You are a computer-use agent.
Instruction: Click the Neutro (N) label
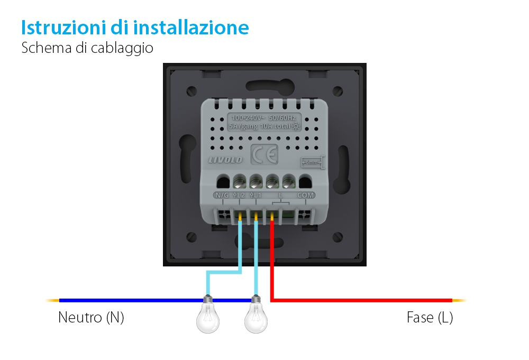tap(91, 318)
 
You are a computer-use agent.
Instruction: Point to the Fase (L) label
tap(430, 318)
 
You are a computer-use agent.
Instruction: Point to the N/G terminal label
tap(221, 196)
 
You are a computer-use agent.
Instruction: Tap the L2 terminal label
tap(239, 196)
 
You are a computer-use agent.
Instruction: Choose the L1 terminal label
tap(256, 196)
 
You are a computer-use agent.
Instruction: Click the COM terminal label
tap(306, 196)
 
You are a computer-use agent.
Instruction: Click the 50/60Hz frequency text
tap(282, 117)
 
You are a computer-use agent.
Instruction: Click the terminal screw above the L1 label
tap(256, 182)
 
